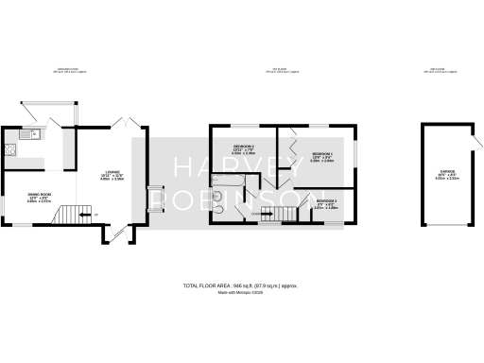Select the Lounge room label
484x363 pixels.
(x=112, y=174)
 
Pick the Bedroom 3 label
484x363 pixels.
(x=326, y=202)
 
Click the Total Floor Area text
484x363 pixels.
(x=241, y=285)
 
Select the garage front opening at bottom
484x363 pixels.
(x=446, y=227)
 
